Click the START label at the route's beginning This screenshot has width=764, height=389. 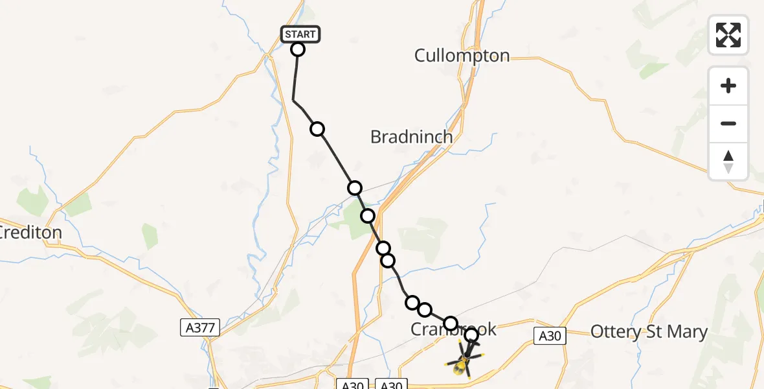pos(300,34)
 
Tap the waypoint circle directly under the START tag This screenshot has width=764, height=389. pos(298,49)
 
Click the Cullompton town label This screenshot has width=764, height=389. pos(462,56)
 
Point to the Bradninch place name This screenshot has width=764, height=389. pos(411,137)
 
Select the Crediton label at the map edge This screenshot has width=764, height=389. pos(31,232)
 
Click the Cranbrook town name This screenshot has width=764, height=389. pos(453,330)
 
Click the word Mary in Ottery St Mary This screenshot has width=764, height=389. pos(687,333)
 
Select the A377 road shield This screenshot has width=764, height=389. pos(200,328)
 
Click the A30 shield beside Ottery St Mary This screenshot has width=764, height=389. pos(550,335)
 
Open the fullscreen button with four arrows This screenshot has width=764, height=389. pos(728,35)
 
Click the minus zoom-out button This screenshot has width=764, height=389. pos(728,123)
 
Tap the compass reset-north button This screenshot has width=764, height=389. pos(728,161)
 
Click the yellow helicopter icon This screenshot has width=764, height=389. pos(462,362)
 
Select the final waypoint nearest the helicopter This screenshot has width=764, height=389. pos(471,335)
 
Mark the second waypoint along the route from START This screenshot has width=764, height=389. pos(317,129)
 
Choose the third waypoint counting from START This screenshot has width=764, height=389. pos(355,188)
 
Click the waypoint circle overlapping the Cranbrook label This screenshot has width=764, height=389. pos(451,323)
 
